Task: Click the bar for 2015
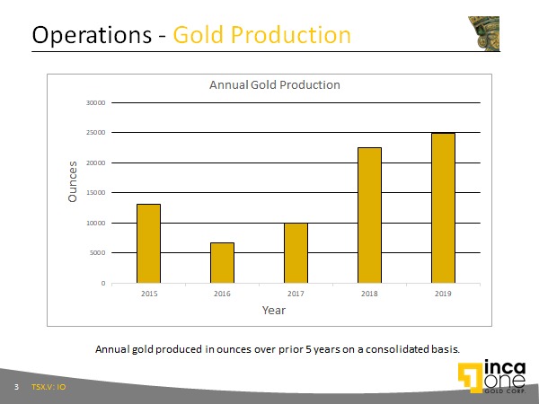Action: pyautogui.click(x=148, y=243)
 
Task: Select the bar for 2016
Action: pyautogui.click(x=222, y=262)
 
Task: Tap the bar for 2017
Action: pyautogui.click(x=296, y=253)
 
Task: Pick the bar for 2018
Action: pyautogui.click(x=369, y=215)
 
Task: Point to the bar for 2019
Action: pyautogui.click(x=443, y=207)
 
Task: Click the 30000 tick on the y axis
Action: pyautogui.click(x=97, y=102)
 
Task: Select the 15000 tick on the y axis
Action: pyautogui.click(x=97, y=193)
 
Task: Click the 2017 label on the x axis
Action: pyautogui.click(x=296, y=294)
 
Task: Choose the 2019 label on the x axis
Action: pyautogui.click(x=443, y=294)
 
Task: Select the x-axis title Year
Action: pyautogui.click(x=274, y=310)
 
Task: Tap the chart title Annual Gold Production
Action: pyautogui.click(x=275, y=85)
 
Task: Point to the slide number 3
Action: pyautogui.click(x=16, y=387)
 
